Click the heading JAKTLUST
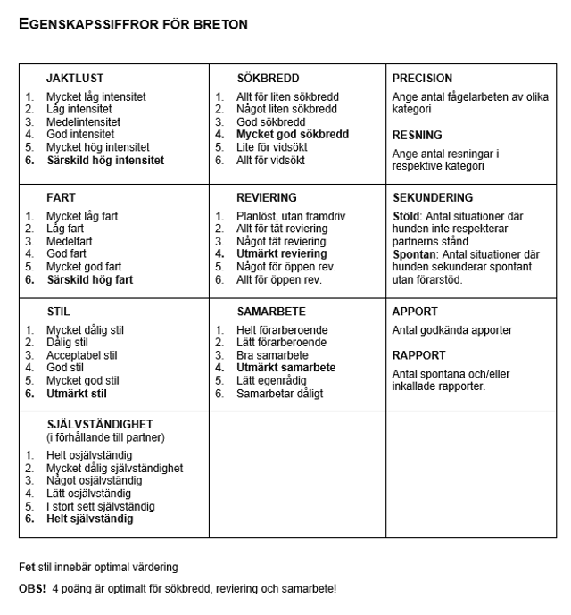coord(75,79)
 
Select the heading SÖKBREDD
coord(268,79)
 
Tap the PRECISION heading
coord(422,79)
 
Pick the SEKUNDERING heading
coord(433,198)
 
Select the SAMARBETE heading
coord(271,312)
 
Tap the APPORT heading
coord(415,312)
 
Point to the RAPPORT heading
coord(418,355)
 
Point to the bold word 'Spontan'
coord(412,255)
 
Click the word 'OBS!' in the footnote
coord(32,590)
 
